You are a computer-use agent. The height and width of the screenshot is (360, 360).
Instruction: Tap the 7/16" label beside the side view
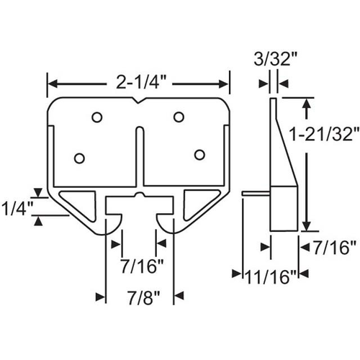332,248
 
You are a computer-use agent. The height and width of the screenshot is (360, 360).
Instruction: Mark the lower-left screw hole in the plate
80,158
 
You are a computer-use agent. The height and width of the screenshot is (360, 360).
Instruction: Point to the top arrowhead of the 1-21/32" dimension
307,105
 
